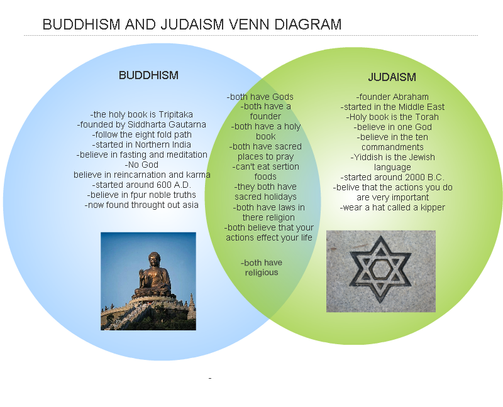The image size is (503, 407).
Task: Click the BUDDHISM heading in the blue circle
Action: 148,75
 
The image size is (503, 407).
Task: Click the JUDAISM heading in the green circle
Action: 392,77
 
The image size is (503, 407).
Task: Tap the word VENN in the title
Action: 249,24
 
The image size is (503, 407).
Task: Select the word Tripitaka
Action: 176,114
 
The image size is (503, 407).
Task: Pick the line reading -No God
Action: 141,165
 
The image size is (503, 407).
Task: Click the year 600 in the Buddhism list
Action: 164,185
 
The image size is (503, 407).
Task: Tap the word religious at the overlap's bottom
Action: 262,273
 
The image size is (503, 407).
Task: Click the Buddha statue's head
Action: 154,259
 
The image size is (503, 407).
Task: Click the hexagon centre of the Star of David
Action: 380,269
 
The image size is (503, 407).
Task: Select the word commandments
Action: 392,147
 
